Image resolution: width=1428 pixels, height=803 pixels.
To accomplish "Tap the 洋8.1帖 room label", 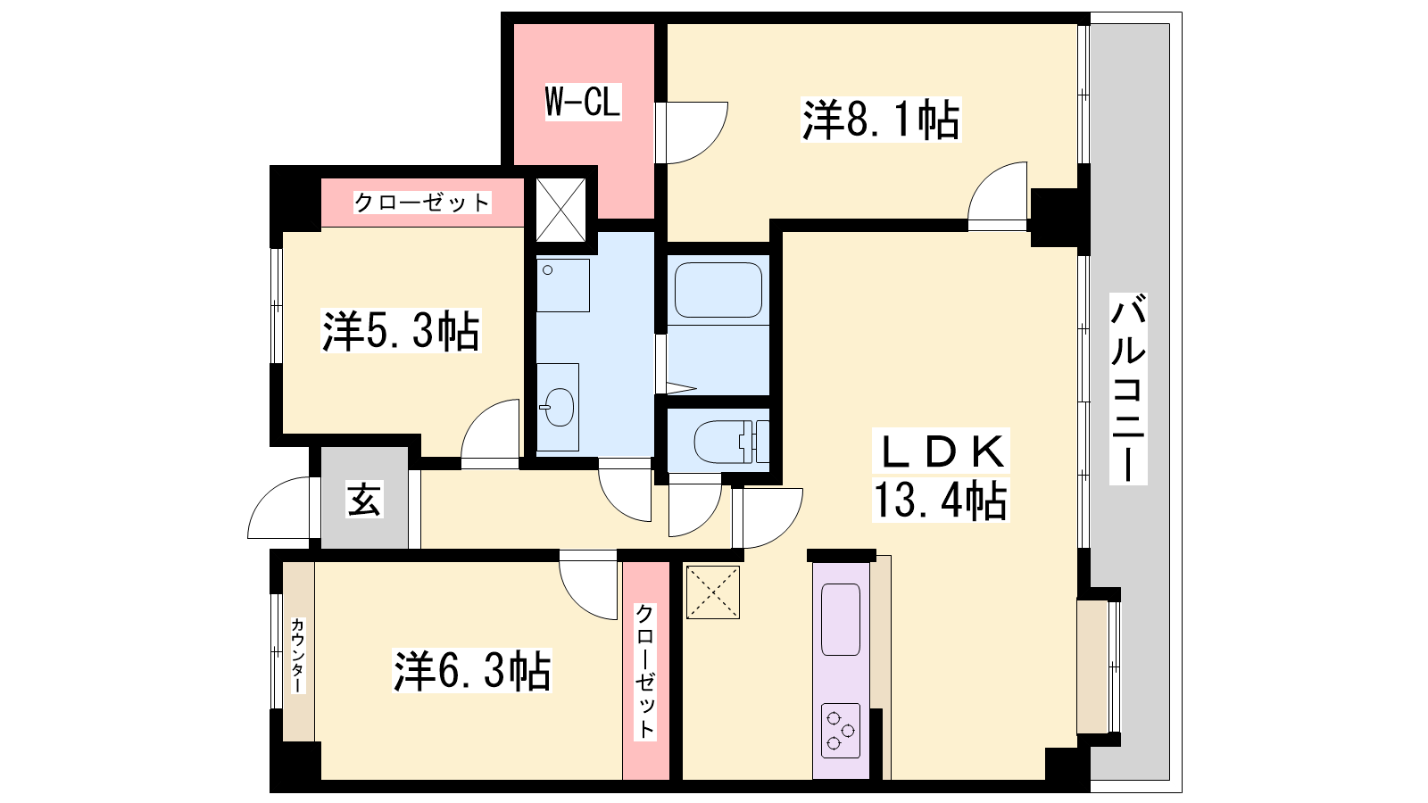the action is [x=881, y=120].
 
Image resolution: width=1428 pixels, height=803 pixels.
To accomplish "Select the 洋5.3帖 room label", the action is [x=401, y=331].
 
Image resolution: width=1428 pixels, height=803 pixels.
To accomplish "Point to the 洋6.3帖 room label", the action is [x=472, y=670].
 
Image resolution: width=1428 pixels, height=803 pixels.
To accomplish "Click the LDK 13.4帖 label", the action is [x=941, y=476].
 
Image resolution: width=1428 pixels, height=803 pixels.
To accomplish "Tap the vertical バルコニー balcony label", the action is [x=1128, y=389].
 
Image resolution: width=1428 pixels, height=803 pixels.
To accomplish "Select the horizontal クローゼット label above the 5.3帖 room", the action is [x=422, y=203].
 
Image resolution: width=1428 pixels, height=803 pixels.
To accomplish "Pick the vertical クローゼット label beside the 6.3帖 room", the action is [x=645, y=671].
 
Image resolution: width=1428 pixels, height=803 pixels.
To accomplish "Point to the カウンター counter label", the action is [x=298, y=655].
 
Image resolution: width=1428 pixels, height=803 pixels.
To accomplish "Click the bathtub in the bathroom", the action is [x=718, y=290].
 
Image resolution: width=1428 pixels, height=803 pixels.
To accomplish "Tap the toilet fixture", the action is [x=731, y=442].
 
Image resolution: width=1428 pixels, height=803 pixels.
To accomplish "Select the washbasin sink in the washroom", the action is [x=557, y=407].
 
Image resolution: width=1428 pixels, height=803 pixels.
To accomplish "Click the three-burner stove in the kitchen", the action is [x=841, y=731].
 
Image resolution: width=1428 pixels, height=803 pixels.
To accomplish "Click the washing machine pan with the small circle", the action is [x=563, y=285].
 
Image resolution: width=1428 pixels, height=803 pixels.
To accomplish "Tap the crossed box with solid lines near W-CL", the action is [x=560, y=210].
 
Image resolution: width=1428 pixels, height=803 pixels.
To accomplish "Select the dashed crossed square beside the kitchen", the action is [x=713, y=592].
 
